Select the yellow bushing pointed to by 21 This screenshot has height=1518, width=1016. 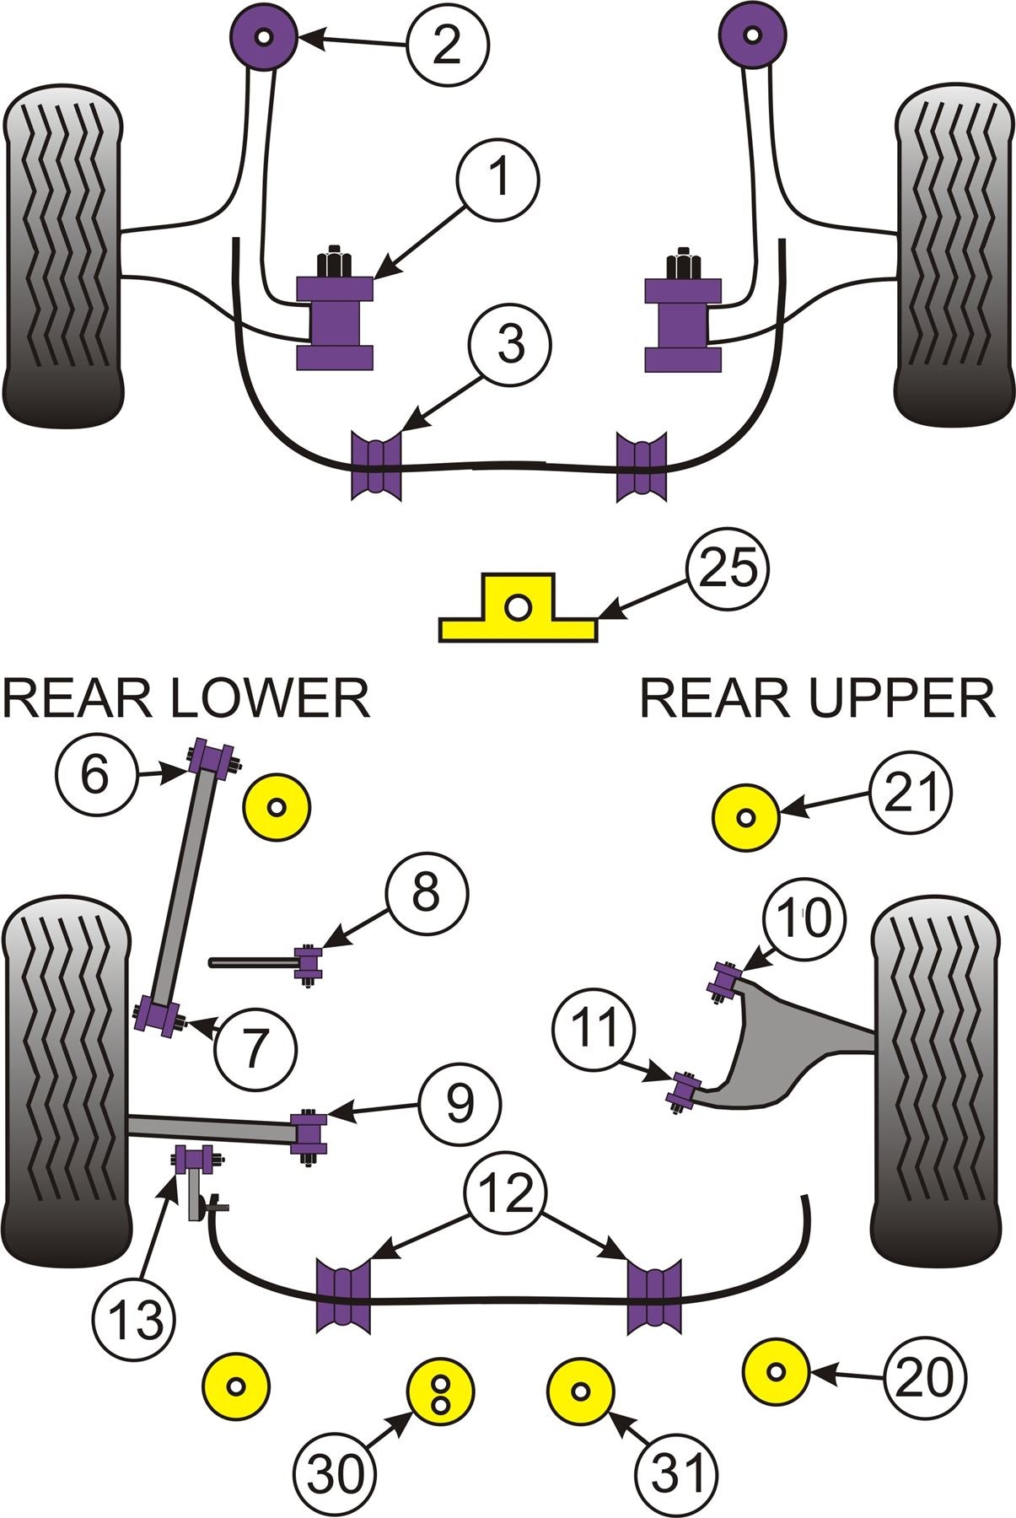click(745, 817)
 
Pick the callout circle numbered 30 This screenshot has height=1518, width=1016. click(336, 1473)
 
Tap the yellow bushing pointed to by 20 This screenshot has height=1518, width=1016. click(778, 1372)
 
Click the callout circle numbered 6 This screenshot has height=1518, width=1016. click(96, 773)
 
